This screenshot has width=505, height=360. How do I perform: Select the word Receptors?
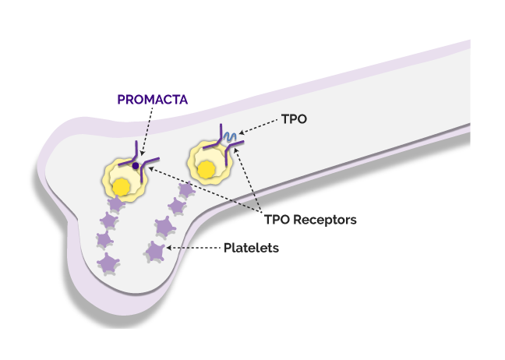click(327, 220)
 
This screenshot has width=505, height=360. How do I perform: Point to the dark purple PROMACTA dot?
click(135, 166)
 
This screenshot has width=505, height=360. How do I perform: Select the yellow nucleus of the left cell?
click(122, 187)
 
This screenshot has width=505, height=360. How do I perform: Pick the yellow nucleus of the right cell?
click(207, 168)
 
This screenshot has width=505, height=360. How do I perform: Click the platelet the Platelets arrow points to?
click(155, 251)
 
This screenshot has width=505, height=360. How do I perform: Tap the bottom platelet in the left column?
click(107, 263)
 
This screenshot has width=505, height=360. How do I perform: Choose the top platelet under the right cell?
click(186, 189)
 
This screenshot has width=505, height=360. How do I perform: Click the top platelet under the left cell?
click(116, 205)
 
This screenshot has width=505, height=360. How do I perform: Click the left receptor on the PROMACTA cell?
click(126, 157)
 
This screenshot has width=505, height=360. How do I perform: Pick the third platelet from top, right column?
click(164, 227)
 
